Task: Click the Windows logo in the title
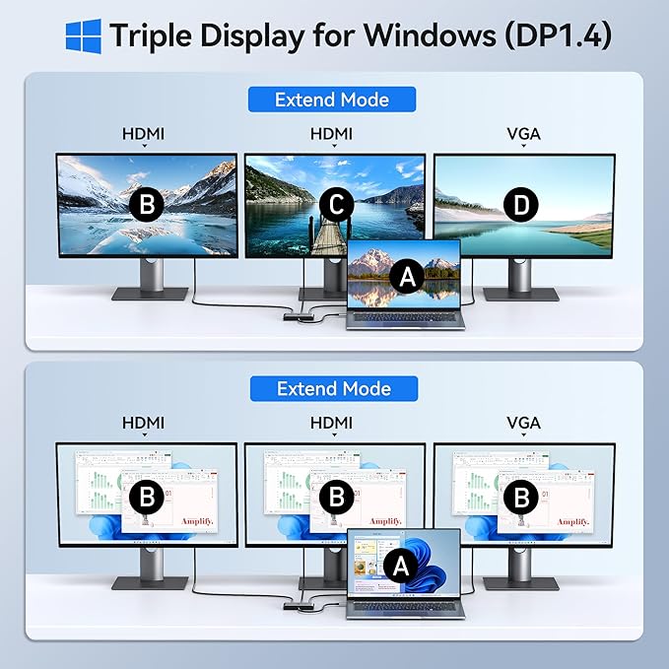click(83, 35)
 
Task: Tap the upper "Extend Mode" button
click(332, 100)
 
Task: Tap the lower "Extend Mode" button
click(334, 388)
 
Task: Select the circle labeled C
click(336, 205)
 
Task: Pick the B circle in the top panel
click(148, 205)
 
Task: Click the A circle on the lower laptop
click(400, 566)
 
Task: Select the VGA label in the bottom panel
click(523, 423)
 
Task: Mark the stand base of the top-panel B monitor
click(150, 294)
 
